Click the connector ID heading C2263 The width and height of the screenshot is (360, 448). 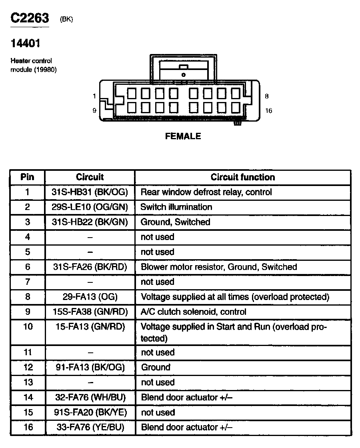(30, 18)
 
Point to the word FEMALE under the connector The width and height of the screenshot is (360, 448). (183, 136)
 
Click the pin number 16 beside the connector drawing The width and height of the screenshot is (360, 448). (268, 111)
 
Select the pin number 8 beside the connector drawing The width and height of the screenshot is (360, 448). (267, 96)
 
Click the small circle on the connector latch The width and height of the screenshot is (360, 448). (183, 75)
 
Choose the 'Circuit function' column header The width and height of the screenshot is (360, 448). (243, 177)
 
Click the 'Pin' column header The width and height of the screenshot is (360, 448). (28, 177)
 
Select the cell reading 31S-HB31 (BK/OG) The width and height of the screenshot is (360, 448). (90, 192)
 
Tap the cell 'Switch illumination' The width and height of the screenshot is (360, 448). (176, 207)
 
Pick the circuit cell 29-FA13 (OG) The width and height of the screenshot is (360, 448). (90, 297)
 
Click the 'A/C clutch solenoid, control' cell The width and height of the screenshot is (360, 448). (193, 312)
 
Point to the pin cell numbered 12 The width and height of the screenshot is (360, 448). (28, 367)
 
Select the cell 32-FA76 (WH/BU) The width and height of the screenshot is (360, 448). (90, 397)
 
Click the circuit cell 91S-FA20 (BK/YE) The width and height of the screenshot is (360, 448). (90, 412)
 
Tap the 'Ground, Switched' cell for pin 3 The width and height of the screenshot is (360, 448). (175, 222)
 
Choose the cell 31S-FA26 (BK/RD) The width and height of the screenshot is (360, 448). (90, 267)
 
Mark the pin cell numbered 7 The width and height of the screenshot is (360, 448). (28, 282)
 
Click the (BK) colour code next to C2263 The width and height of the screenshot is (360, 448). (66, 19)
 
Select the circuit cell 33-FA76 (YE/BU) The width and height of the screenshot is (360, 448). (90, 427)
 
